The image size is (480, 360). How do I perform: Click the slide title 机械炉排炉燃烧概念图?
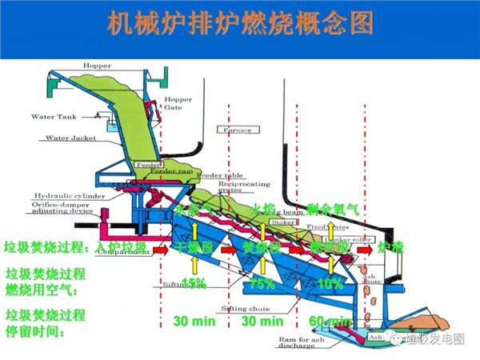pos(240,23)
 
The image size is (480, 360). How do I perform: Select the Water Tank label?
pos(54,117)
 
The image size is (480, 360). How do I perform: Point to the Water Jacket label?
pos(71,138)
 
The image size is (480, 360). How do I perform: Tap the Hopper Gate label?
pos(178,106)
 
